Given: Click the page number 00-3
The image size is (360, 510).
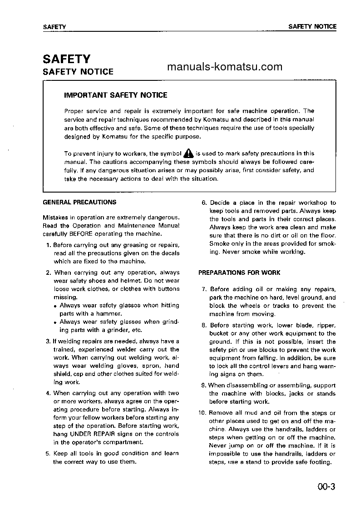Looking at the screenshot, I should pyautogui.click(x=326, y=487).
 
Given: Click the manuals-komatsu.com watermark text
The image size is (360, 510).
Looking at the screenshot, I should pyautogui.click(x=225, y=67).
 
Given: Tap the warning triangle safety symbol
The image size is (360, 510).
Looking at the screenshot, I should pyautogui.click(x=188, y=153).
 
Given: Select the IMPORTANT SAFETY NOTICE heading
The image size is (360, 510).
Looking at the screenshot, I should pyautogui.click(x=115, y=95).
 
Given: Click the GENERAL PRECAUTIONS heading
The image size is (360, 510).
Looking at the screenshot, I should pyautogui.click(x=79, y=202).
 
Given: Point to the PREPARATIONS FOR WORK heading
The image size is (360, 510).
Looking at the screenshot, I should pyautogui.click(x=239, y=272).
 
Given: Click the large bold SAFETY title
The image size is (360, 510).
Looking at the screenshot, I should pyautogui.click(x=66, y=59).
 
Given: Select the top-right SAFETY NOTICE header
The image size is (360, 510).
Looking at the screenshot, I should pyautogui.click(x=312, y=26).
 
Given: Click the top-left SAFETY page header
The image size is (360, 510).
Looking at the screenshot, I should pyautogui.click(x=54, y=27).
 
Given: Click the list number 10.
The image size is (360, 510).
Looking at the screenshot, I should pyautogui.click(x=202, y=413).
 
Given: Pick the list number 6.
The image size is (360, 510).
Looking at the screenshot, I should pyautogui.click(x=204, y=203).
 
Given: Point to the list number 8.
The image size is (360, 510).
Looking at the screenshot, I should pyautogui.click(x=204, y=325).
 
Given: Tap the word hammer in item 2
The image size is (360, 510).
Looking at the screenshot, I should pyautogui.click(x=110, y=313).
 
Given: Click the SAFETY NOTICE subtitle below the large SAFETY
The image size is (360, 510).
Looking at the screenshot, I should pyautogui.click(x=78, y=72).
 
